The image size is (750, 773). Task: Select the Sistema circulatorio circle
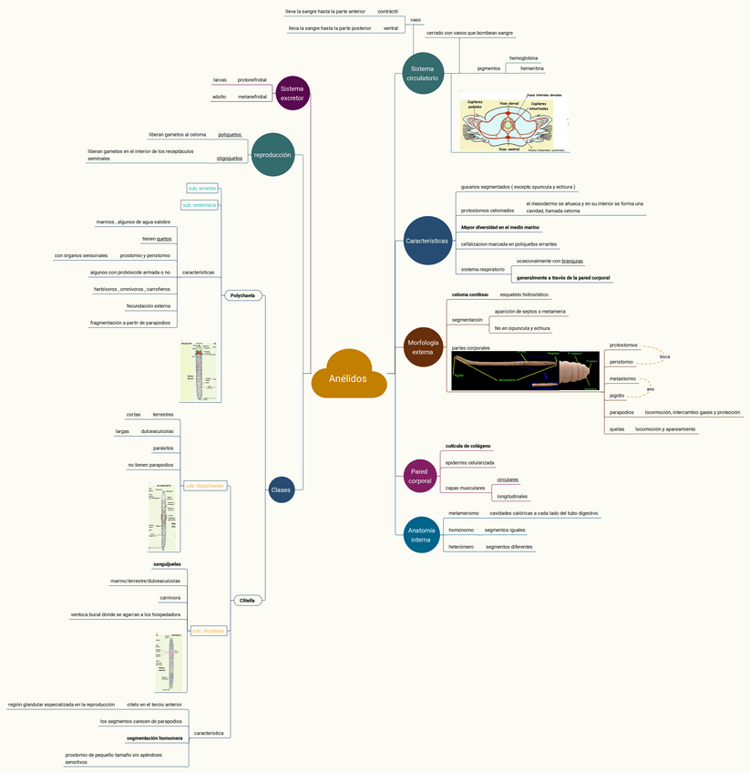pyautogui.click(x=422, y=73)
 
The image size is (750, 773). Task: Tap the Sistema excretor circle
pyautogui.click(x=292, y=92)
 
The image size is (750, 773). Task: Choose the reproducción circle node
pyautogui.click(x=272, y=155)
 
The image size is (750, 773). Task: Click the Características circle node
pyautogui.click(x=426, y=241)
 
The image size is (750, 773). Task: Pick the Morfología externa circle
pyautogui.click(x=424, y=347)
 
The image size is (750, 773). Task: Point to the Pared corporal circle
pyautogui.click(x=420, y=475)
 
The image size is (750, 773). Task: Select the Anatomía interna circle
pyautogui.click(x=422, y=534)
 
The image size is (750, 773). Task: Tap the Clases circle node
pyautogui.click(x=281, y=490)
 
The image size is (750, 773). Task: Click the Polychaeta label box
pyautogui.click(x=243, y=295)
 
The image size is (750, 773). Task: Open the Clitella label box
pyautogui.click(x=247, y=600)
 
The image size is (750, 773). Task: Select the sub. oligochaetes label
pyautogui.click(x=204, y=486)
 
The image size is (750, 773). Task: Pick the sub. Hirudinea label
pyautogui.click(x=207, y=631)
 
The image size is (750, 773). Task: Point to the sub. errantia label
pyautogui.click(x=201, y=188)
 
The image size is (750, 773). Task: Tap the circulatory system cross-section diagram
pyautogui.click(x=515, y=122)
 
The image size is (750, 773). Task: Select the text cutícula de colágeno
pyautogui.click(x=468, y=446)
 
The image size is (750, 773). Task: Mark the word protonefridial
pyautogui.click(x=252, y=80)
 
